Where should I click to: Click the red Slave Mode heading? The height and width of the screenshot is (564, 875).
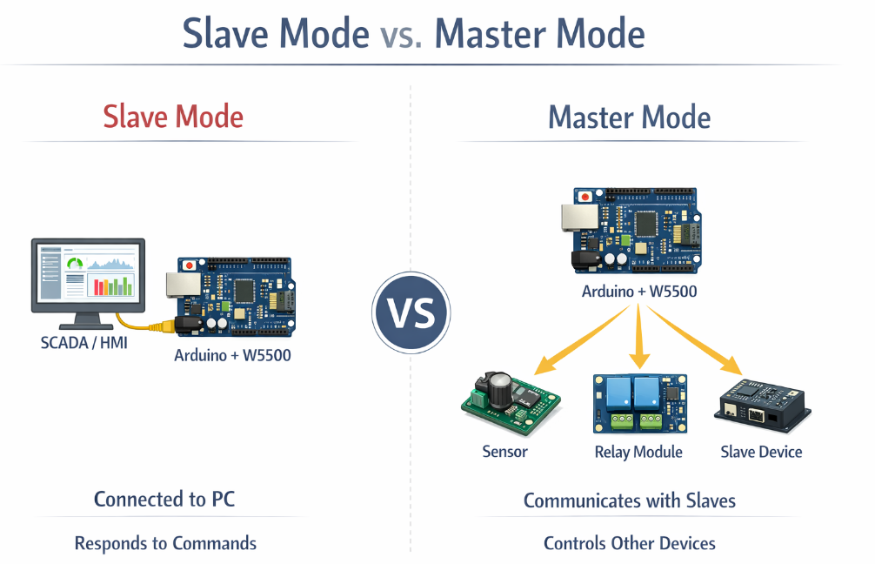173,117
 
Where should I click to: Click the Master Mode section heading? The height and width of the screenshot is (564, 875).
629,117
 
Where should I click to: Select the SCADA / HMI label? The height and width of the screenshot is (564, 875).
84,342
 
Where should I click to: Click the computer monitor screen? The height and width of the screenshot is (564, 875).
88,272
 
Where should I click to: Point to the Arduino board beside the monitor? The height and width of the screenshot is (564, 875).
237,297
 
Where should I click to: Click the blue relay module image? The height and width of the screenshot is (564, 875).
638,403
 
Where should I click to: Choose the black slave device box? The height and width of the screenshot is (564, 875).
762,406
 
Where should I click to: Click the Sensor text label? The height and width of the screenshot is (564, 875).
504,452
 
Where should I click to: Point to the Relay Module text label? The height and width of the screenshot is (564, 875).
638,452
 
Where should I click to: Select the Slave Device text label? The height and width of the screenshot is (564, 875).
761,452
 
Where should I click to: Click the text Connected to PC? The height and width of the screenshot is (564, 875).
164,500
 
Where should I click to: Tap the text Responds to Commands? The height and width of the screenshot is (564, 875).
165,543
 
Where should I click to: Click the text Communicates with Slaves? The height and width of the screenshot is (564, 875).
630,500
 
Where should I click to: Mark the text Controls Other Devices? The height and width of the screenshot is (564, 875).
630,543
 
